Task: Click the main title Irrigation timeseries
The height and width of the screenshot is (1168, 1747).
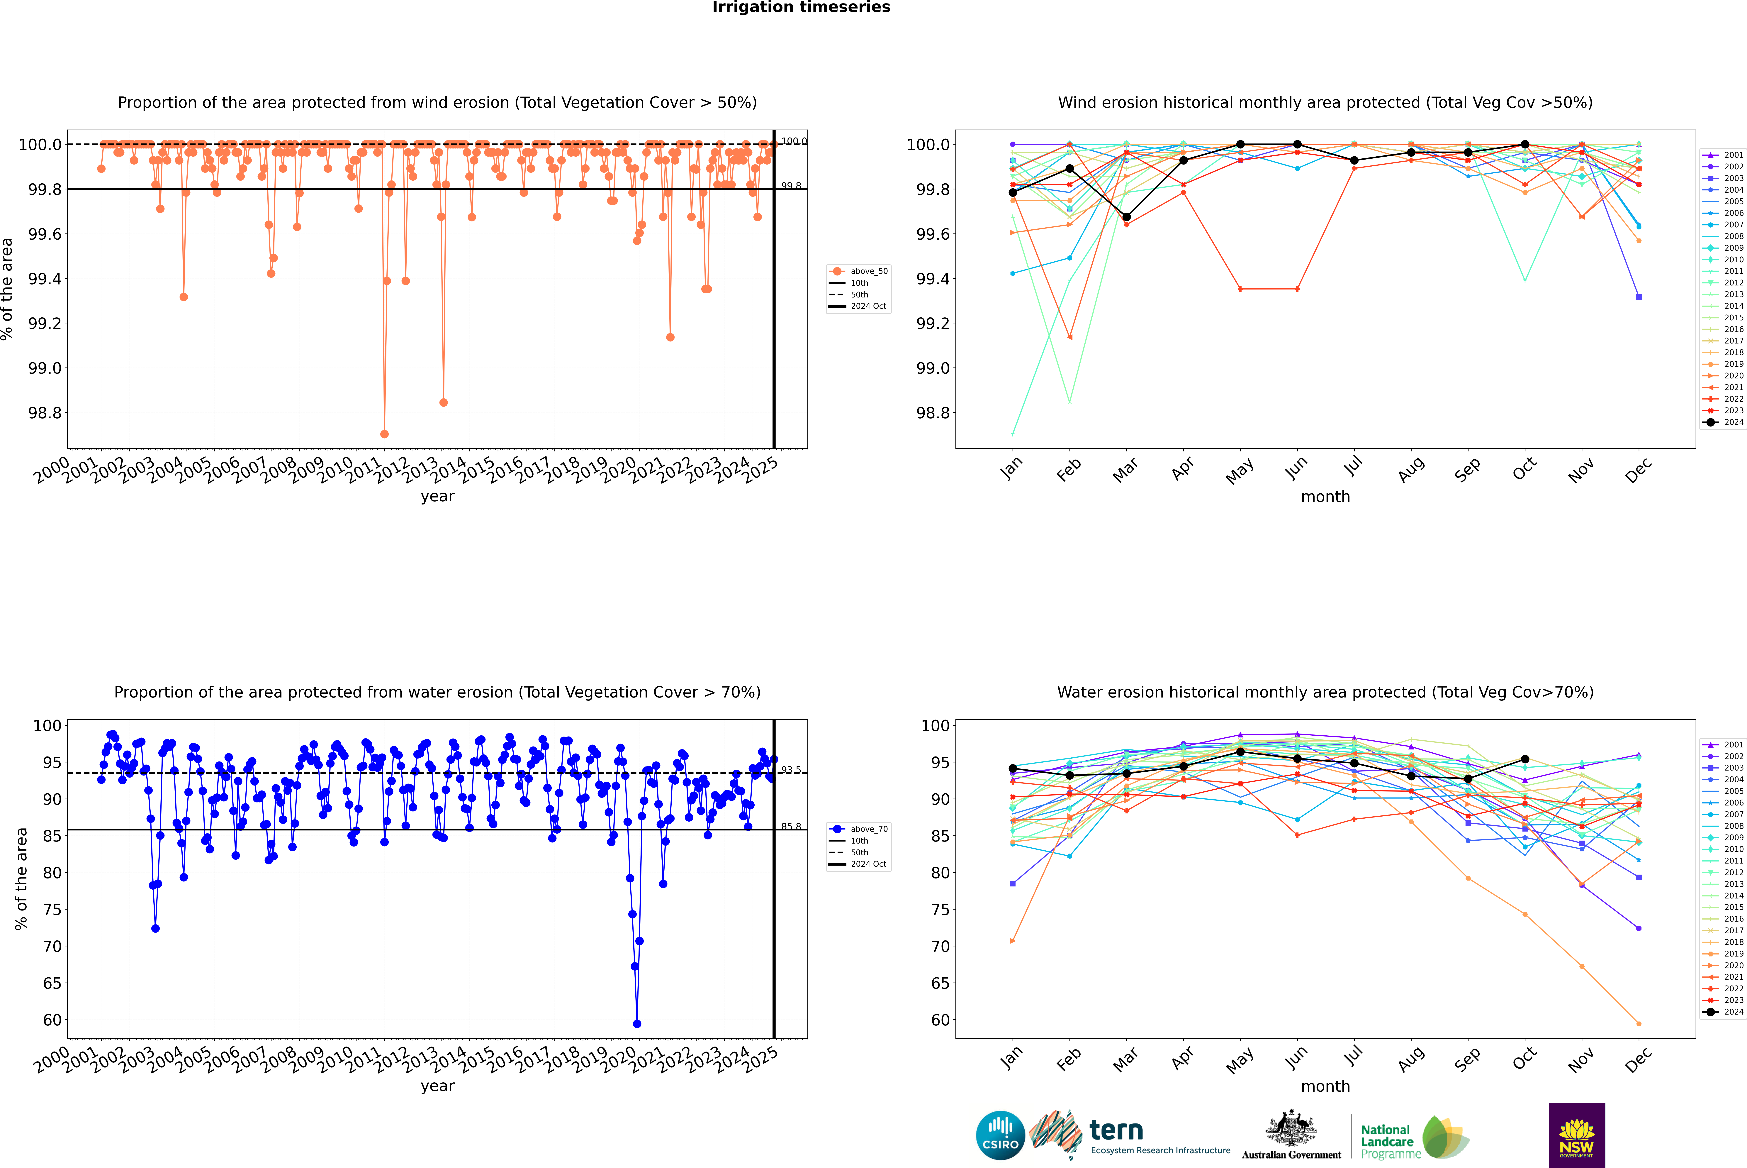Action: point(801,7)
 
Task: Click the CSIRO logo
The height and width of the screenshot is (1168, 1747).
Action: point(1000,1135)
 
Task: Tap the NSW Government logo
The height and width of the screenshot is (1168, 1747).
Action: point(1576,1135)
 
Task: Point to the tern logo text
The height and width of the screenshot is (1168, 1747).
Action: point(1116,1131)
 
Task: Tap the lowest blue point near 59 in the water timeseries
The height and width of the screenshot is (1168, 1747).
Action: point(637,1023)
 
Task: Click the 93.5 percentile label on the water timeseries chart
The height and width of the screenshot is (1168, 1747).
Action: point(791,770)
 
